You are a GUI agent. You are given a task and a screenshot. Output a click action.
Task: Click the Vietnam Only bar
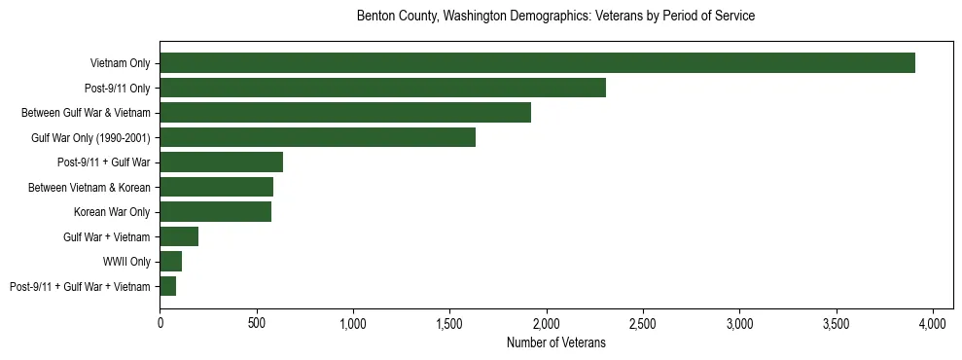pyautogui.click(x=537, y=63)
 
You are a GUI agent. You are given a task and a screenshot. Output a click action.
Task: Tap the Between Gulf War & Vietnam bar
pyautogui.click(x=345, y=113)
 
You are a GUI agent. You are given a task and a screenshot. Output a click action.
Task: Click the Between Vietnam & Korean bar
pyautogui.click(x=216, y=187)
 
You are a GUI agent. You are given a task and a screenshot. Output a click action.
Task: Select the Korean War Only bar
pyautogui.click(x=215, y=212)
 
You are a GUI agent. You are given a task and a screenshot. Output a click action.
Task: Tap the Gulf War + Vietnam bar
pyautogui.click(x=179, y=236)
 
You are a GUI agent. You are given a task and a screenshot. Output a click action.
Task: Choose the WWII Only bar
pyautogui.click(x=170, y=262)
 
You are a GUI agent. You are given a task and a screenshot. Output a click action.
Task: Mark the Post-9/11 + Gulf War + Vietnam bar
pyautogui.click(x=167, y=286)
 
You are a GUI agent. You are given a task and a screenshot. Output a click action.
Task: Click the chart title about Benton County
pyautogui.click(x=555, y=17)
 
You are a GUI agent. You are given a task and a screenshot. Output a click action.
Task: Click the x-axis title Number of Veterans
pyautogui.click(x=555, y=342)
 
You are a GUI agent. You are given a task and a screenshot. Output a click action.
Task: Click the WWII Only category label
pyautogui.click(x=126, y=262)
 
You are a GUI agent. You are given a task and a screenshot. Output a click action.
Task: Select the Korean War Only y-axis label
pyautogui.click(x=112, y=212)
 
